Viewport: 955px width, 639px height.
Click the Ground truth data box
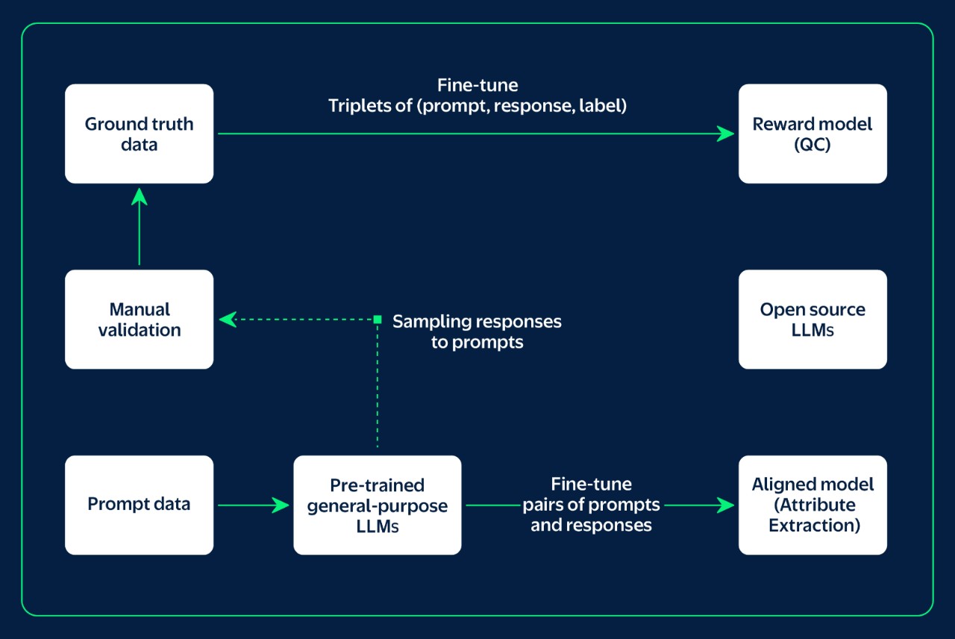(x=139, y=134)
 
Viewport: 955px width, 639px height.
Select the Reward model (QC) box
(x=812, y=134)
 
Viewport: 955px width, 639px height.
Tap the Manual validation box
(x=139, y=319)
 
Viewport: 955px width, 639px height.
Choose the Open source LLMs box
(x=812, y=319)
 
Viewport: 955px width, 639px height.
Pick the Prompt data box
(x=139, y=505)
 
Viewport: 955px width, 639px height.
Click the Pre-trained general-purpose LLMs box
(x=377, y=505)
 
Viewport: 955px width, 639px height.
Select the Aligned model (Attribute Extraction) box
(x=812, y=505)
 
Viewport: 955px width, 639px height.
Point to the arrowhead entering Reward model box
(x=726, y=134)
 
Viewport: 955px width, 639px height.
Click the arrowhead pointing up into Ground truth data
(x=139, y=196)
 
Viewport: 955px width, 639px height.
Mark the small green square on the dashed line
(x=378, y=319)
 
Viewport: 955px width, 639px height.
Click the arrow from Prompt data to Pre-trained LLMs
(x=253, y=505)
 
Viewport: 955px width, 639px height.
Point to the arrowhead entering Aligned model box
(x=726, y=505)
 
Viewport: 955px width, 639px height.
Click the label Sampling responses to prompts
(x=477, y=331)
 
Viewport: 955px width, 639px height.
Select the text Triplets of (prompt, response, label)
(x=477, y=106)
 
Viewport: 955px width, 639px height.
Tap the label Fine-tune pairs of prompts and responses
(x=591, y=505)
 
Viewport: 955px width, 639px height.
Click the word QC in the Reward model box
(x=812, y=145)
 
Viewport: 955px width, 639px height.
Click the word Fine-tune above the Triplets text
(x=477, y=85)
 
